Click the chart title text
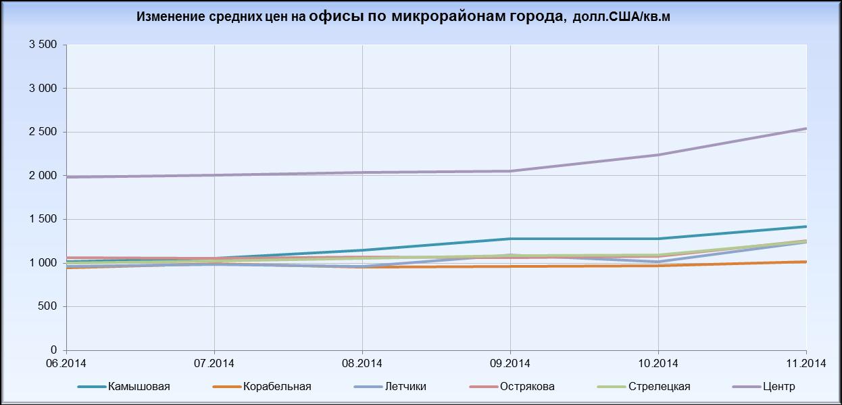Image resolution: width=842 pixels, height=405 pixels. point(403,17)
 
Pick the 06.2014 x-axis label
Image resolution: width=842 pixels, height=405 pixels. point(66,363)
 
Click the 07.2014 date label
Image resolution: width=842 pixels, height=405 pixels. point(214,363)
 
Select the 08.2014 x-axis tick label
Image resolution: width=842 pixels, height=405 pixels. point(362,363)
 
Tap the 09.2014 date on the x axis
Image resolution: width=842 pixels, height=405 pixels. point(510,363)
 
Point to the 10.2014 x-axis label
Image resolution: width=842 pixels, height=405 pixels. point(658,363)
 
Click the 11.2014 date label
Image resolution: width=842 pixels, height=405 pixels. point(807,363)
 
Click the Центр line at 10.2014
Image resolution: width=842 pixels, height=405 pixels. point(658,155)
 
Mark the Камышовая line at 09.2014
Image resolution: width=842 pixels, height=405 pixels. point(510,239)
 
